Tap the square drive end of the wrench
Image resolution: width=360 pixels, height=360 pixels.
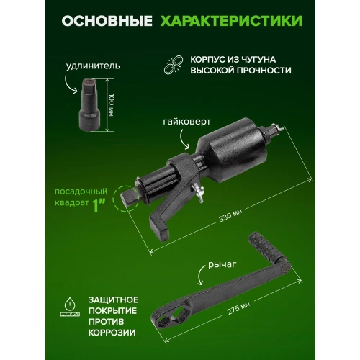(x=129, y=195)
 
